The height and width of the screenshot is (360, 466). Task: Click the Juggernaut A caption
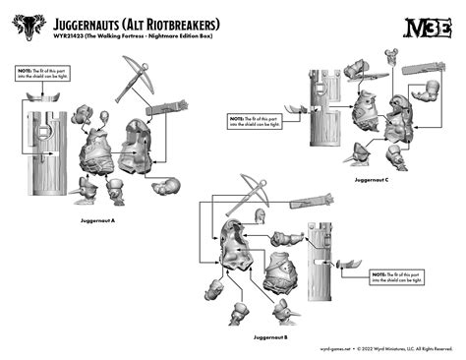pyautogui.click(x=98, y=220)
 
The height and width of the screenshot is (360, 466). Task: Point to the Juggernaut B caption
pyautogui.click(x=269, y=337)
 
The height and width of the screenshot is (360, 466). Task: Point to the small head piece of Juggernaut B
pyautogui.click(x=261, y=219)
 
